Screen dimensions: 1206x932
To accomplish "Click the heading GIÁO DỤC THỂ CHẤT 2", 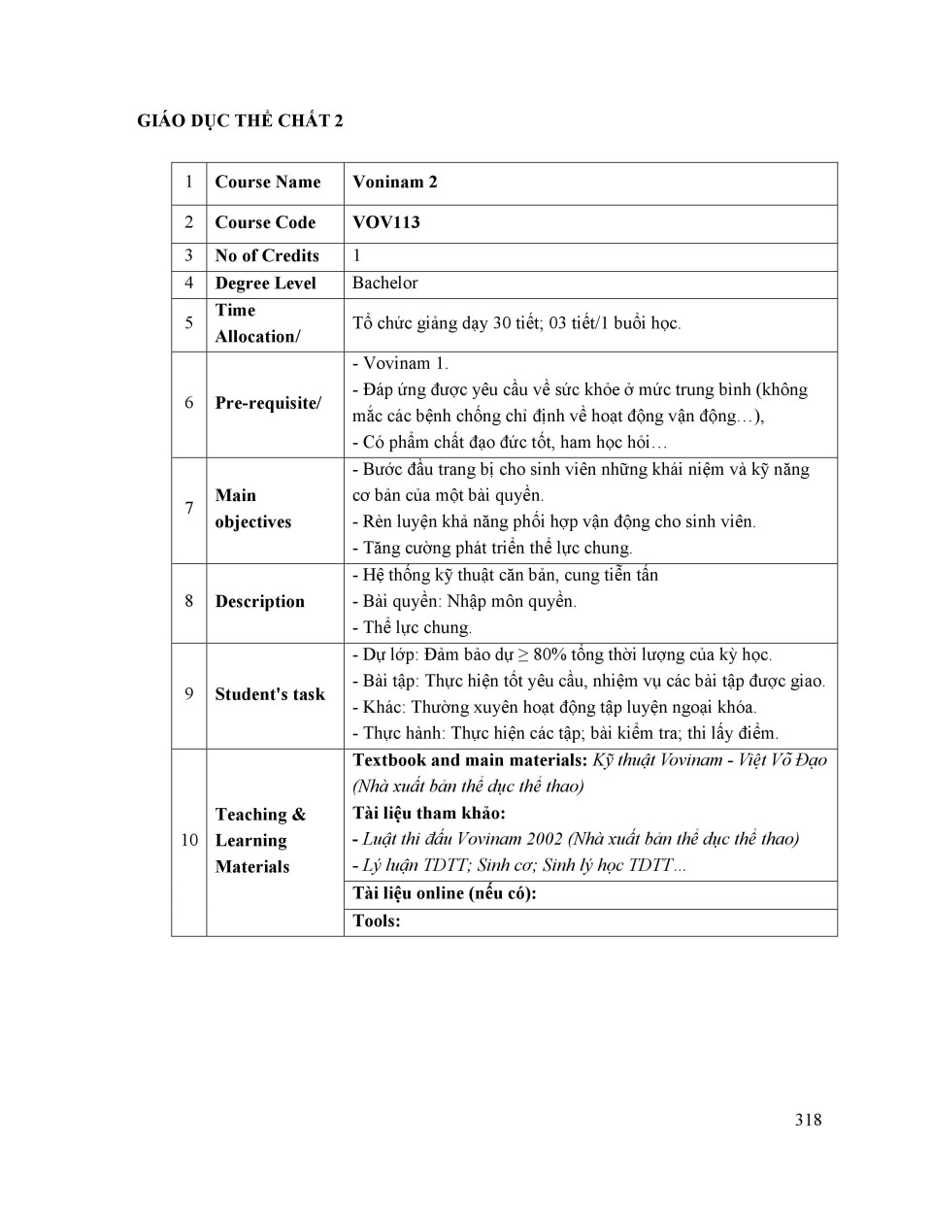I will point(240,120).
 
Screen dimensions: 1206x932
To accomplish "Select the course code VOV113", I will point(386,222).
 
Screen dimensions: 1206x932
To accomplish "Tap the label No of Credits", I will point(267,255).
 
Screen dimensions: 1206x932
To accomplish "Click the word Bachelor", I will point(385,283).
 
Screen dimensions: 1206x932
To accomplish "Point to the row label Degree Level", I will point(265,283).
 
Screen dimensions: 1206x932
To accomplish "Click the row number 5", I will point(188,323).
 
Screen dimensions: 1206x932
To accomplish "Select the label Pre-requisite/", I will point(268,403).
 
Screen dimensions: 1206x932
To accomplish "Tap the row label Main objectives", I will point(252,509).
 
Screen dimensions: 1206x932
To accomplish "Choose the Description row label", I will point(259,601).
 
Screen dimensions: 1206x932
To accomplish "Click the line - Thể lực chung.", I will point(412,627).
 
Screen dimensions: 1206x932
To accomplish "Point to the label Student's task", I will point(270,694).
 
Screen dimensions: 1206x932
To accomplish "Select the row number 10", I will point(188,840).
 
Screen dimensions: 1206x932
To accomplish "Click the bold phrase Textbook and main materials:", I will point(470,759).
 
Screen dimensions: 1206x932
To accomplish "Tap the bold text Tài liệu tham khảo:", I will point(429,813).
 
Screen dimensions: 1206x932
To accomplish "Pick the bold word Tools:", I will point(377,921).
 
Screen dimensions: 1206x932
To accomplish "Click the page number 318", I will point(807,1120).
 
